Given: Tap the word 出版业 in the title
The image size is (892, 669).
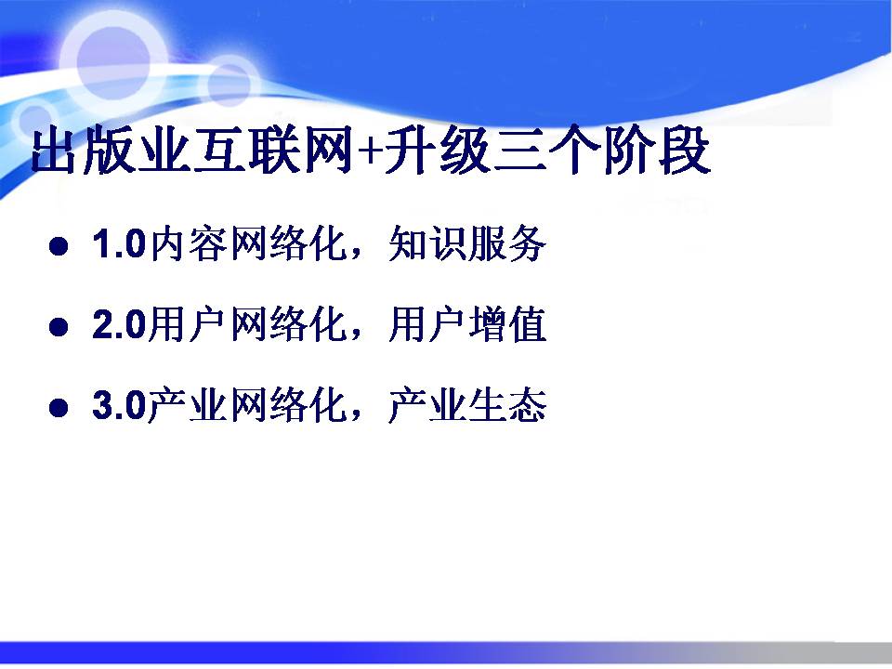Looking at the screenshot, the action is pyautogui.click(x=111, y=151).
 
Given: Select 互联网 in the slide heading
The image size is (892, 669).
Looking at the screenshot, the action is pyautogui.click(x=273, y=151).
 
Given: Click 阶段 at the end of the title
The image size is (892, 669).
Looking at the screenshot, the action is pyautogui.click(x=657, y=151).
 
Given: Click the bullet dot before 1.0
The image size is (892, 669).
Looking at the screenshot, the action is pyautogui.click(x=59, y=246).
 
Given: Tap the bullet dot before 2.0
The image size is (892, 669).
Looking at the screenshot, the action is pyautogui.click(x=59, y=326).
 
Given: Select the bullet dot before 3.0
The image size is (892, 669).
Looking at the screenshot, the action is pyautogui.click(x=59, y=407).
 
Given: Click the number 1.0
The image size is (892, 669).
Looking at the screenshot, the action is pyautogui.click(x=120, y=244).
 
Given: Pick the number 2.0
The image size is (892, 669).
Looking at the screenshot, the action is pyautogui.click(x=120, y=325).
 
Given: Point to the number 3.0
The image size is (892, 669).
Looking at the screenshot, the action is pyautogui.click(x=120, y=405).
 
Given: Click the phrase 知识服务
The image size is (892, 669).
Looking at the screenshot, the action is pyautogui.click(x=467, y=244).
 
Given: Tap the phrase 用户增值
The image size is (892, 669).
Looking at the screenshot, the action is pyautogui.click(x=467, y=325).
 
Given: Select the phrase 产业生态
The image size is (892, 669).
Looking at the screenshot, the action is pyautogui.click(x=467, y=405).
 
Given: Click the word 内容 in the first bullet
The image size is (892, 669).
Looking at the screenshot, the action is pyautogui.click(x=189, y=244).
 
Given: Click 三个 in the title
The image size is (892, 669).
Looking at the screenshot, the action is pyautogui.click(x=547, y=151).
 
